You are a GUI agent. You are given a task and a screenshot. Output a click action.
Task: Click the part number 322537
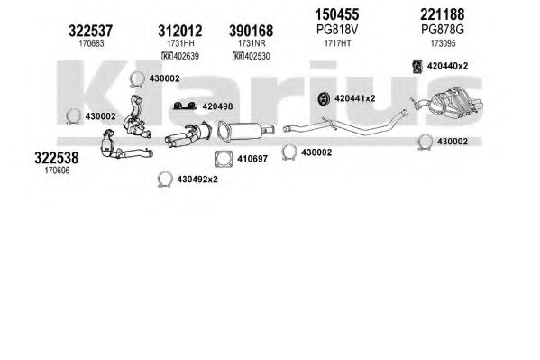(90, 31)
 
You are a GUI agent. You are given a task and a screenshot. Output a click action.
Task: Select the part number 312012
(180, 31)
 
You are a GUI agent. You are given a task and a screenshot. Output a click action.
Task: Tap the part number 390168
(251, 31)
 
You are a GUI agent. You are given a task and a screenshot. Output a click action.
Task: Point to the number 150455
(337, 14)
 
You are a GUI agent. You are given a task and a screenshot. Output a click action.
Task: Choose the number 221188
(443, 14)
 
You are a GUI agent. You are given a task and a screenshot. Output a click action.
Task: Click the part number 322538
(57, 158)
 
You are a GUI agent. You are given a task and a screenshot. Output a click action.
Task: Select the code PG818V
(337, 30)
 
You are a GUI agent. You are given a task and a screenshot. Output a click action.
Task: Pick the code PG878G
(443, 30)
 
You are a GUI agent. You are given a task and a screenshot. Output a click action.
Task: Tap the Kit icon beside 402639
(167, 56)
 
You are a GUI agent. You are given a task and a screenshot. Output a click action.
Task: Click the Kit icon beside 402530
(238, 56)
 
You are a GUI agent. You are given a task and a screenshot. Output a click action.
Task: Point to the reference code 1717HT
(337, 43)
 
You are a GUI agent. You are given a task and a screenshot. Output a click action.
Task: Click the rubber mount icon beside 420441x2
(324, 98)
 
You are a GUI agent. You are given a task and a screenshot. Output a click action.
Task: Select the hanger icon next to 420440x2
(417, 67)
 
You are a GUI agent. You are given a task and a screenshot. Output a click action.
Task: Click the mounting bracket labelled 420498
(185, 106)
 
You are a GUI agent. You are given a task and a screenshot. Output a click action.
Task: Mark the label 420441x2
(354, 98)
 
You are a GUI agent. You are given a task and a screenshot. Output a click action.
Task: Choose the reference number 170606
(57, 171)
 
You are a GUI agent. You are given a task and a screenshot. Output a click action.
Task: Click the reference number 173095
(443, 43)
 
